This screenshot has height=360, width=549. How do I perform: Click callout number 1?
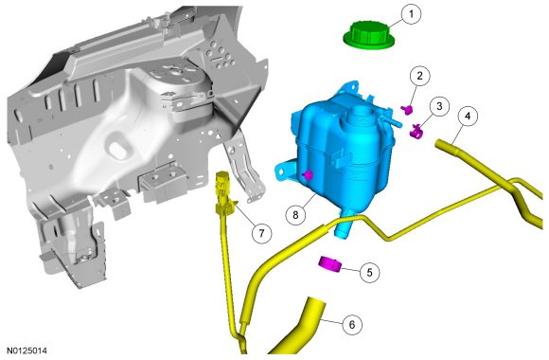point(411,14)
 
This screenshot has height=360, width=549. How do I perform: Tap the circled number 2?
point(419,76)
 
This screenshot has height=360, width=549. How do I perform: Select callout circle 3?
point(439,106)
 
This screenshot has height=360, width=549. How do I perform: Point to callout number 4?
point(468,116)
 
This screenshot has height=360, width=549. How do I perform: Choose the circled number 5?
point(370,272)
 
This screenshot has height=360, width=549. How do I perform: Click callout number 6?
point(352,325)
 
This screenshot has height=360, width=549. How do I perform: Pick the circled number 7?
point(262,232)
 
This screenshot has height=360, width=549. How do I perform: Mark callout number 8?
point(295,214)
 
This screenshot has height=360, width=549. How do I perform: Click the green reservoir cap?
point(369,34)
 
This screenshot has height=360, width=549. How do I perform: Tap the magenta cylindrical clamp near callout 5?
point(330,264)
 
